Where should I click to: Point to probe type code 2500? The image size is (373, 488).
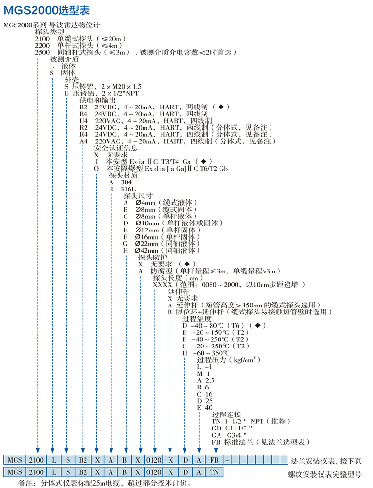(x=42, y=52)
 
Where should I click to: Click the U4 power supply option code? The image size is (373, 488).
(x=84, y=121)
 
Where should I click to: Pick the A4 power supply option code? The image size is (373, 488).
(x=84, y=141)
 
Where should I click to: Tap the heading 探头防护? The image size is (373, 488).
(x=152, y=257)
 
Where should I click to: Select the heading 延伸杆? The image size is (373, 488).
(x=178, y=291)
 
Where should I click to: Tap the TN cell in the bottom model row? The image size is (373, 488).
(x=214, y=471)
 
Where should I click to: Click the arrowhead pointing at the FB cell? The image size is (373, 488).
(x=216, y=451)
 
